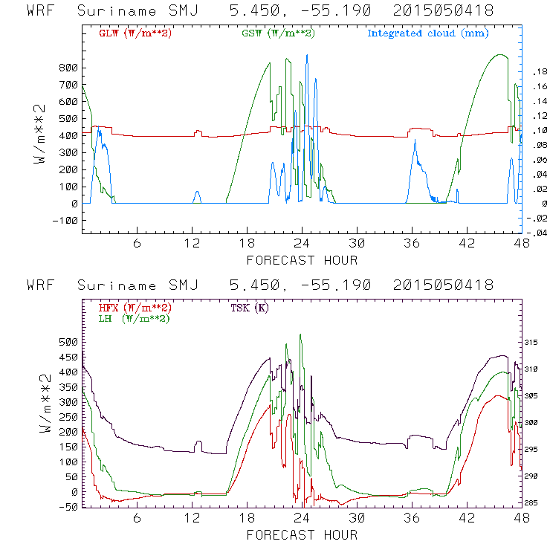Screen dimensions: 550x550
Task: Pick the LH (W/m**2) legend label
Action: (135, 318)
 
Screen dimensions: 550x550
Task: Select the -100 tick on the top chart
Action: (63, 221)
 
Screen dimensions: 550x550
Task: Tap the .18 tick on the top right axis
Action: (537, 72)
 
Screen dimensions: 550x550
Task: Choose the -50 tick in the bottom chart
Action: (68, 507)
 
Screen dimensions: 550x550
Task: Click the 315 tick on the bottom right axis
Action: (536, 343)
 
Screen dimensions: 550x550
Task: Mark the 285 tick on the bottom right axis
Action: (536, 503)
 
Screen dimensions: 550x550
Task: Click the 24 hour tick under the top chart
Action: (302, 244)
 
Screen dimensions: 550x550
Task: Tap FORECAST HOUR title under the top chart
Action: (302, 260)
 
